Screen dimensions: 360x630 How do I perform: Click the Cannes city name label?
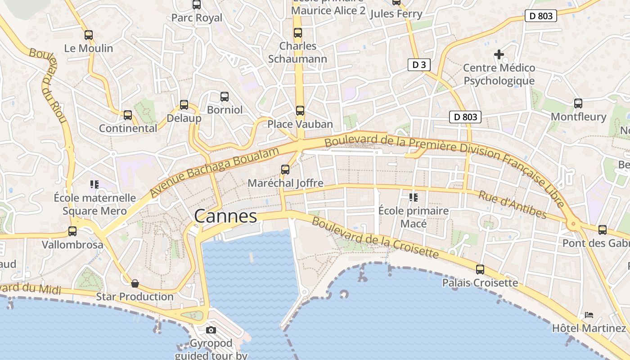click(x=225, y=216)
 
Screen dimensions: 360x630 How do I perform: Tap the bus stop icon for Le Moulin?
click(x=89, y=35)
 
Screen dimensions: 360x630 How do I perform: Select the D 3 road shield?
click(x=419, y=65)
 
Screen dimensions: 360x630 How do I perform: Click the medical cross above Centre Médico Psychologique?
click(x=499, y=54)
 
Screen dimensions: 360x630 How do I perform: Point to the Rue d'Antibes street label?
click(x=512, y=205)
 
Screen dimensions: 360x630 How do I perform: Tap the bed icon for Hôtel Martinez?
click(x=589, y=315)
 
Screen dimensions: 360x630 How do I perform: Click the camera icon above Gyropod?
click(x=211, y=330)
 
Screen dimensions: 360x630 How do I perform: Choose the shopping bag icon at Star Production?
click(x=135, y=283)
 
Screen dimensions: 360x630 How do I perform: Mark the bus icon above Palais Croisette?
click(x=480, y=270)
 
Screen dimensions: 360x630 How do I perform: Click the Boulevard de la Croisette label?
click(x=375, y=238)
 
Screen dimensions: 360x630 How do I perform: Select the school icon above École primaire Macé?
click(x=413, y=197)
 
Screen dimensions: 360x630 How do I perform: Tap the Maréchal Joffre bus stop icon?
click(x=285, y=170)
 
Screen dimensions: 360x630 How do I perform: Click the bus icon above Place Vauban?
click(x=300, y=110)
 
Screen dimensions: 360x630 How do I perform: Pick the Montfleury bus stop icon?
click(x=578, y=103)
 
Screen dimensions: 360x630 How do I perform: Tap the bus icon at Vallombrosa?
click(x=72, y=231)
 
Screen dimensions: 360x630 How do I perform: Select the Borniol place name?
click(x=225, y=110)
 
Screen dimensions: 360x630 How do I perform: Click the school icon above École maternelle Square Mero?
click(x=94, y=184)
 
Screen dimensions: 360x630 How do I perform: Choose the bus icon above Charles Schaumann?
click(x=298, y=33)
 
